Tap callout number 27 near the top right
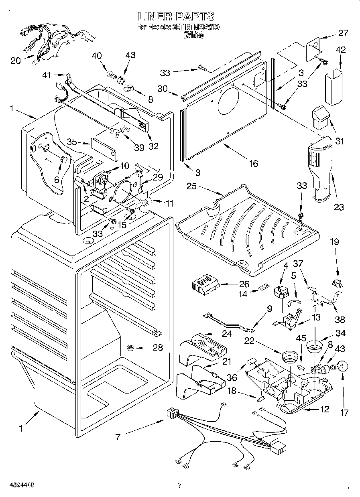(343, 33)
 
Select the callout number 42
(341, 51)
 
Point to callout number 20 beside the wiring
(15, 61)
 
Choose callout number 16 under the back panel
(253, 163)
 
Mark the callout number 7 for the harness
(118, 437)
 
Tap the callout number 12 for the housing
(324, 409)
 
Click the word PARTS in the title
(194, 16)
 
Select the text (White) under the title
(193, 35)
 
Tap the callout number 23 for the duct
(339, 207)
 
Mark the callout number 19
(334, 242)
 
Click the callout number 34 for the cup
(340, 333)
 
